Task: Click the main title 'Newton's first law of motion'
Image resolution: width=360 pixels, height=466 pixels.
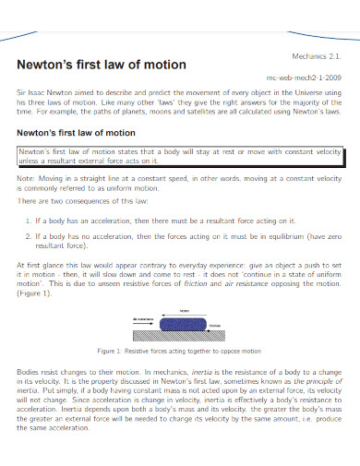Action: [x=102, y=66]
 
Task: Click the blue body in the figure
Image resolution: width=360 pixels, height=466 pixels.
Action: [x=183, y=324]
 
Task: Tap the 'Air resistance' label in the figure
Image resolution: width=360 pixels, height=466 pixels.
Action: [x=143, y=318]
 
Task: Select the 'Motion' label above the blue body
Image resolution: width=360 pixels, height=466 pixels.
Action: [x=184, y=310]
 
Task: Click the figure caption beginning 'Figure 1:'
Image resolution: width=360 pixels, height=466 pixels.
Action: [x=180, y=352]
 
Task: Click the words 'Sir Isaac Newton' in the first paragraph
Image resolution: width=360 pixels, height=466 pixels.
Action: [x=43, y=94]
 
